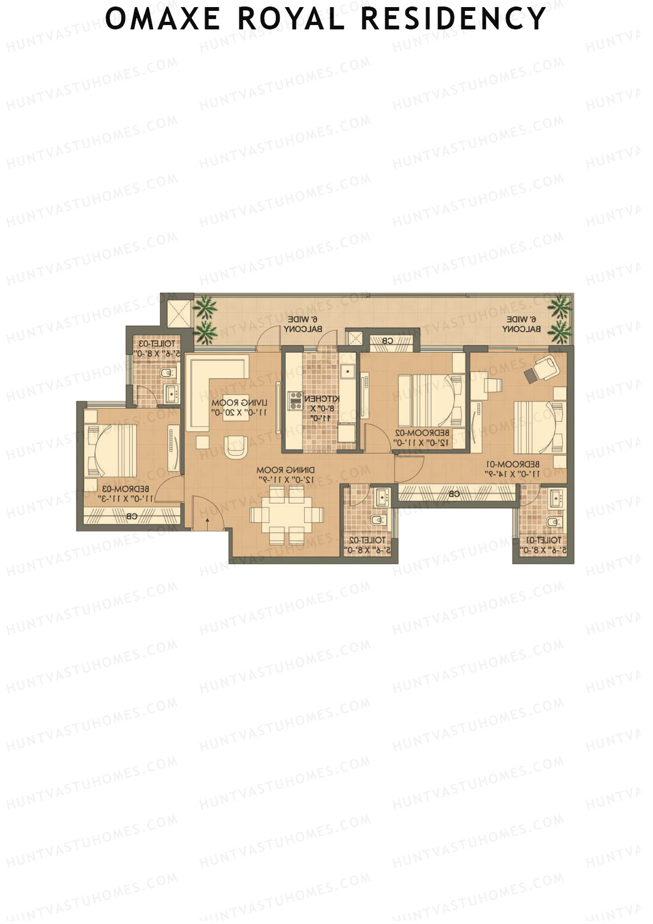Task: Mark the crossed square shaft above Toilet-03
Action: click(177, 311)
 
